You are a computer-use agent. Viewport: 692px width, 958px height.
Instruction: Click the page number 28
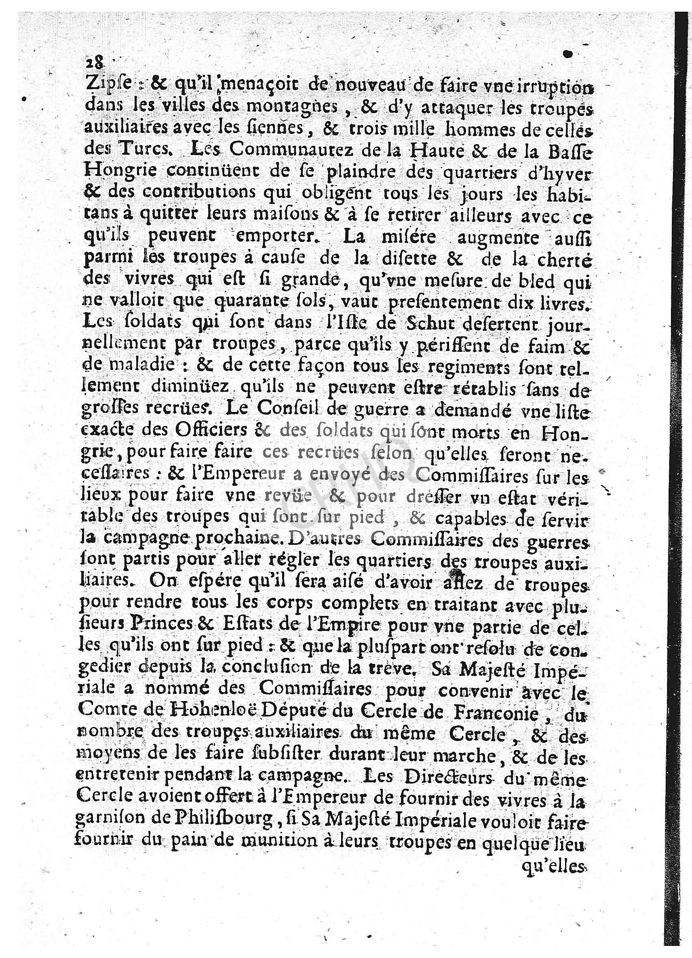click(x=94, y=63)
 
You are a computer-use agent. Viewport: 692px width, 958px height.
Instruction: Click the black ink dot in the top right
click(x=569, y=54)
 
